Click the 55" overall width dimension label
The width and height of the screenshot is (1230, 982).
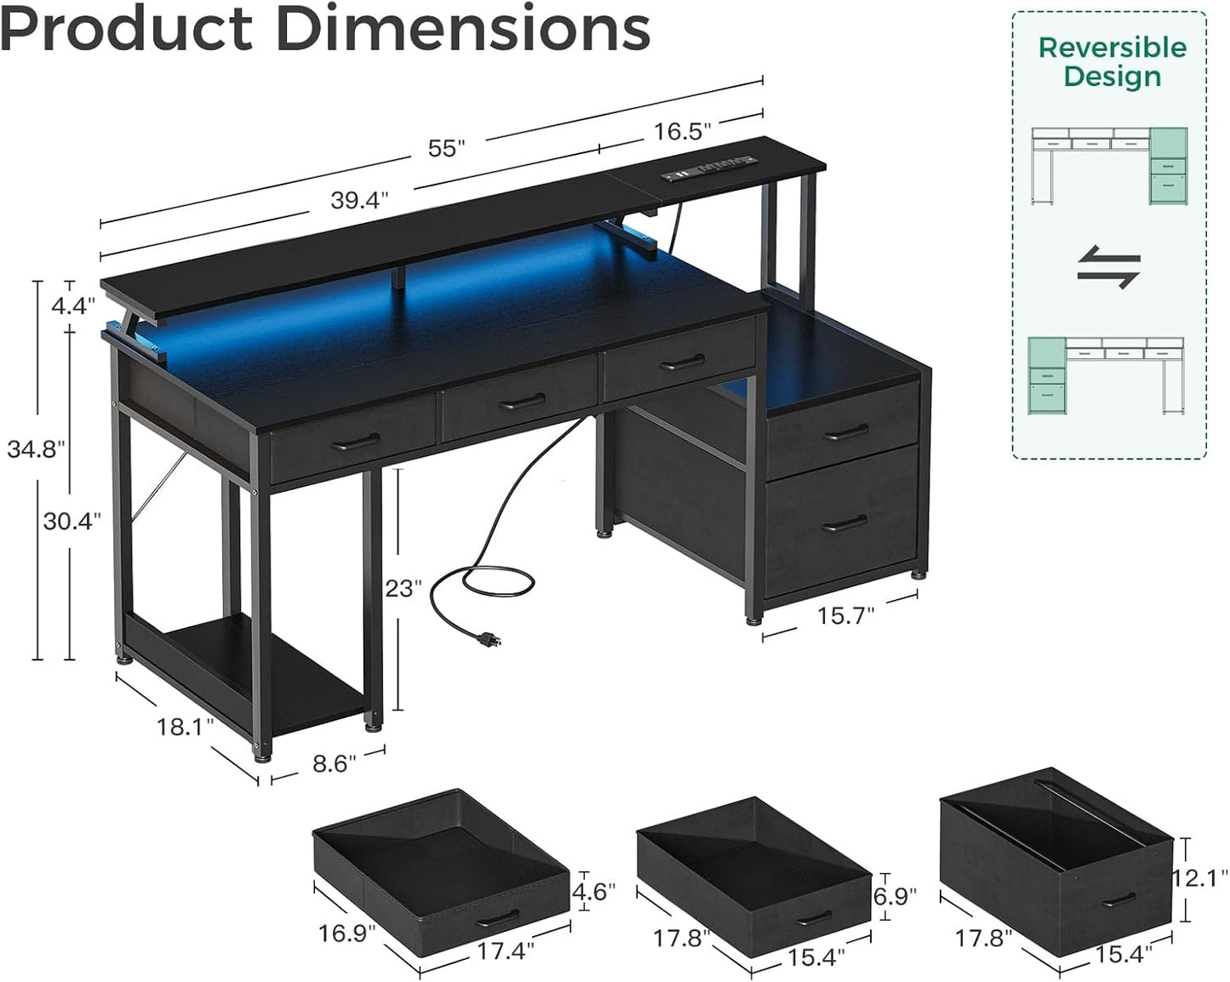446,148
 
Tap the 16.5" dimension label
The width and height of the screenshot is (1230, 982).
682,131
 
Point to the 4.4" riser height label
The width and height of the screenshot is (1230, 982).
70,306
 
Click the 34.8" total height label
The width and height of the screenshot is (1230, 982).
37,448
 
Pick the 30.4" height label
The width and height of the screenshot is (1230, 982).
72,520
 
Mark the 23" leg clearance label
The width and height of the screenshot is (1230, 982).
403,588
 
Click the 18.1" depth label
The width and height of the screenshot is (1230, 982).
185,728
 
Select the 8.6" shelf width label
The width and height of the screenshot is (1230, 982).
334,763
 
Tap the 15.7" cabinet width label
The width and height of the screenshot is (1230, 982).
845,615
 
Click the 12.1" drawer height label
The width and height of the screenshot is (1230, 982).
1200,876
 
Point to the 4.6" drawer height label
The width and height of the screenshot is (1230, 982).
593,891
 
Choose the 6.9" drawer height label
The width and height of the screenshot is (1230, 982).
895,895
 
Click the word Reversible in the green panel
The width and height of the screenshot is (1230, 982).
1112,48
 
